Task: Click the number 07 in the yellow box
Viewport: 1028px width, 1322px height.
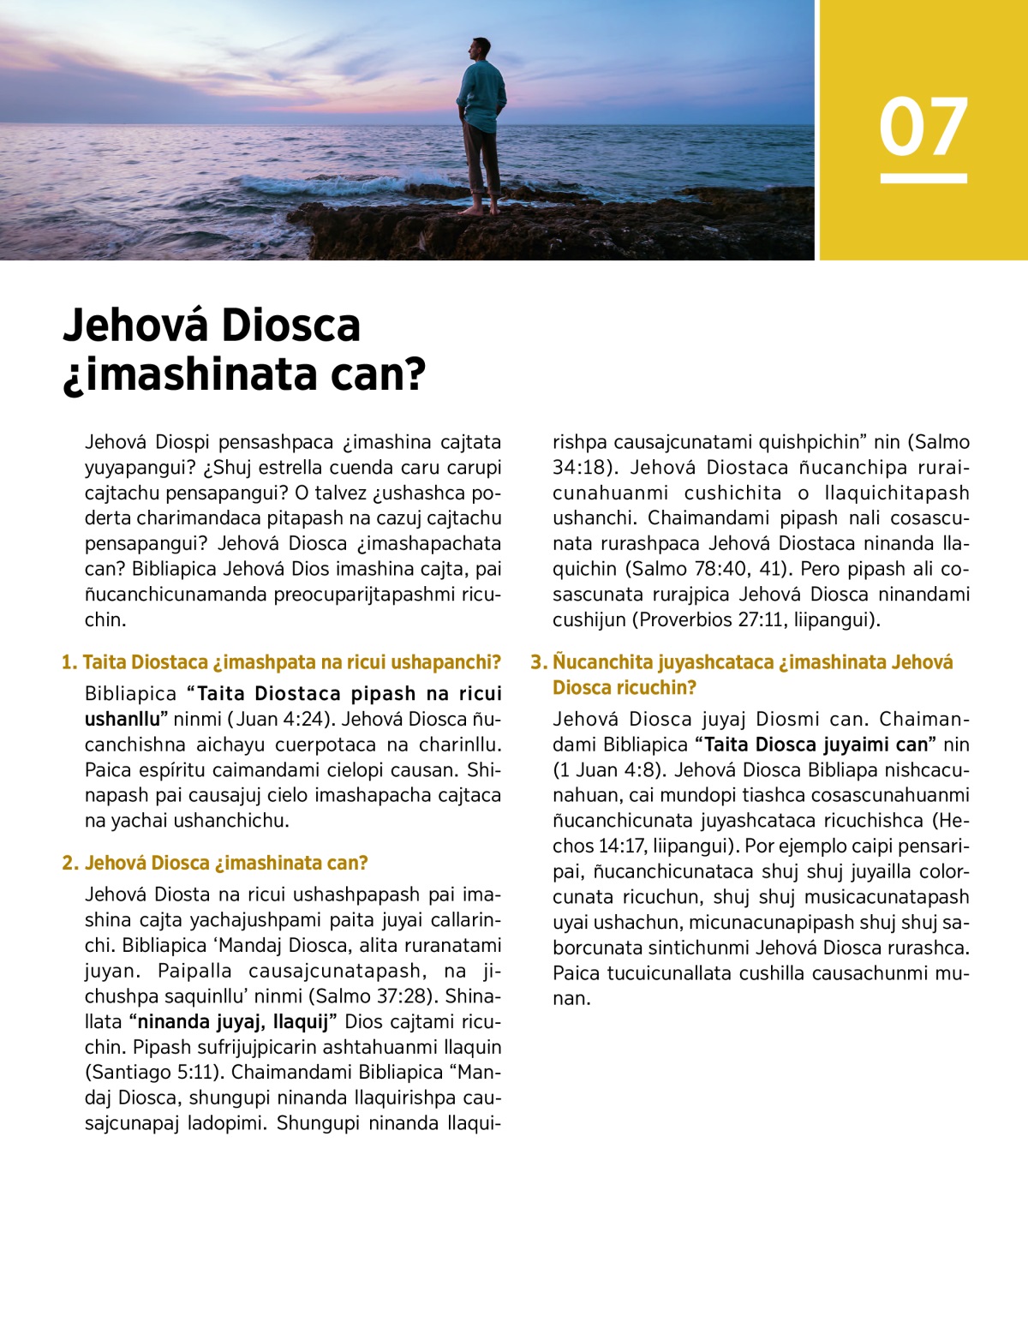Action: point(923,127)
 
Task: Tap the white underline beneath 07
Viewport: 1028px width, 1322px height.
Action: point(923,178)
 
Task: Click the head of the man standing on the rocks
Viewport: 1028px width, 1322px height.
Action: point(481,49)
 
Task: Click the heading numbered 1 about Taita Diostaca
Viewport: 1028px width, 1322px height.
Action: point(281,662)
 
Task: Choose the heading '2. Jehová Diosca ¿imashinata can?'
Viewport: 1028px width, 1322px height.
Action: point(215,863)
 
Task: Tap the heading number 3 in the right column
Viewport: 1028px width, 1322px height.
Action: point(539,662)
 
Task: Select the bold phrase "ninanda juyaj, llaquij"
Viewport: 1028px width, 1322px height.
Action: point(234,1021)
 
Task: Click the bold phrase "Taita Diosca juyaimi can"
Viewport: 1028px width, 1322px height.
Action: point(816,745)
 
